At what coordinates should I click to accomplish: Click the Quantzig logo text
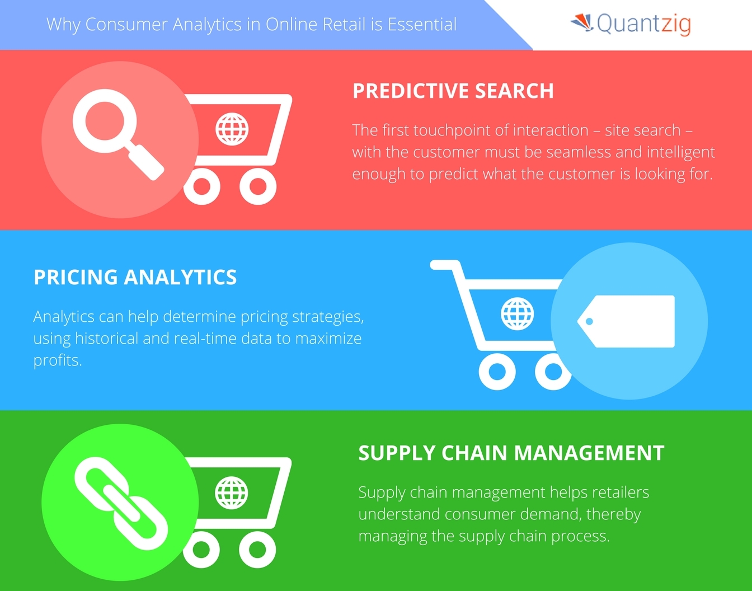pyautogui.click(x=644, y=24)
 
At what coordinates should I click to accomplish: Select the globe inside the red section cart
pyautogui.click(x=232, y=129)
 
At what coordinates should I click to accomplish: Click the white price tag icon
pyautogui.click(x=626, y=321)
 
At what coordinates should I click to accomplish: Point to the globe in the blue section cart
pyautogui.click(x=518, y=314)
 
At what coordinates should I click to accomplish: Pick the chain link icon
pyautogui.click(x=121, y=503)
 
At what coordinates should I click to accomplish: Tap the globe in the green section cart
pyautogui.click(x=232, y=492)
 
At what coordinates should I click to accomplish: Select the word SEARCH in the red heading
pyautogui.click(x=514, y=91)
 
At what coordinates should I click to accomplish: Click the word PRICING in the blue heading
pyautogui.click(x=76, y=277)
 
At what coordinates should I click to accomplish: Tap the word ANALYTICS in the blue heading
pyautogui.click(x=181, y=277)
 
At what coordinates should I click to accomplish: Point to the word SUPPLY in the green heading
pyautogui.click(x=396, y=453)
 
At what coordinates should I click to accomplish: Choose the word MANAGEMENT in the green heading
pyautogui.click(x=589, y=453)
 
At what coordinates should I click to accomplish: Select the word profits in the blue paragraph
pyautogui.click(x=58, y=361)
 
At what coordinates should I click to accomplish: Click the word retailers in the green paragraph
pyautogui.click(x=619, y=492)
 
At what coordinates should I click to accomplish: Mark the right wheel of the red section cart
pyautogui.click(x=258, y=186)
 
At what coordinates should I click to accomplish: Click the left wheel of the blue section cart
pyautogui.click(x=497, y=372)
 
